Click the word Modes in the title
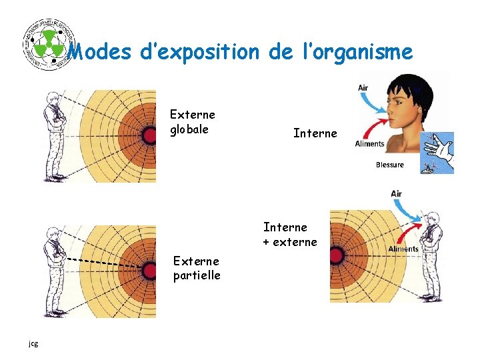pos(100,51)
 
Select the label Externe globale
pos(192,121)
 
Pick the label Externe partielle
pos(197,268)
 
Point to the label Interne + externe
pos(290,235)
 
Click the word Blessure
pos(389,165)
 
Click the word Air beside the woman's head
pos(363,87)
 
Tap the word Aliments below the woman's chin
pos(369,143)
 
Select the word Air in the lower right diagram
pos(396,194)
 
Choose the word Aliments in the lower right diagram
pos(403,249)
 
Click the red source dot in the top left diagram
pos(148,135)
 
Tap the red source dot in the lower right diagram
pos(337,255)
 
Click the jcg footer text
pos(33,343)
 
